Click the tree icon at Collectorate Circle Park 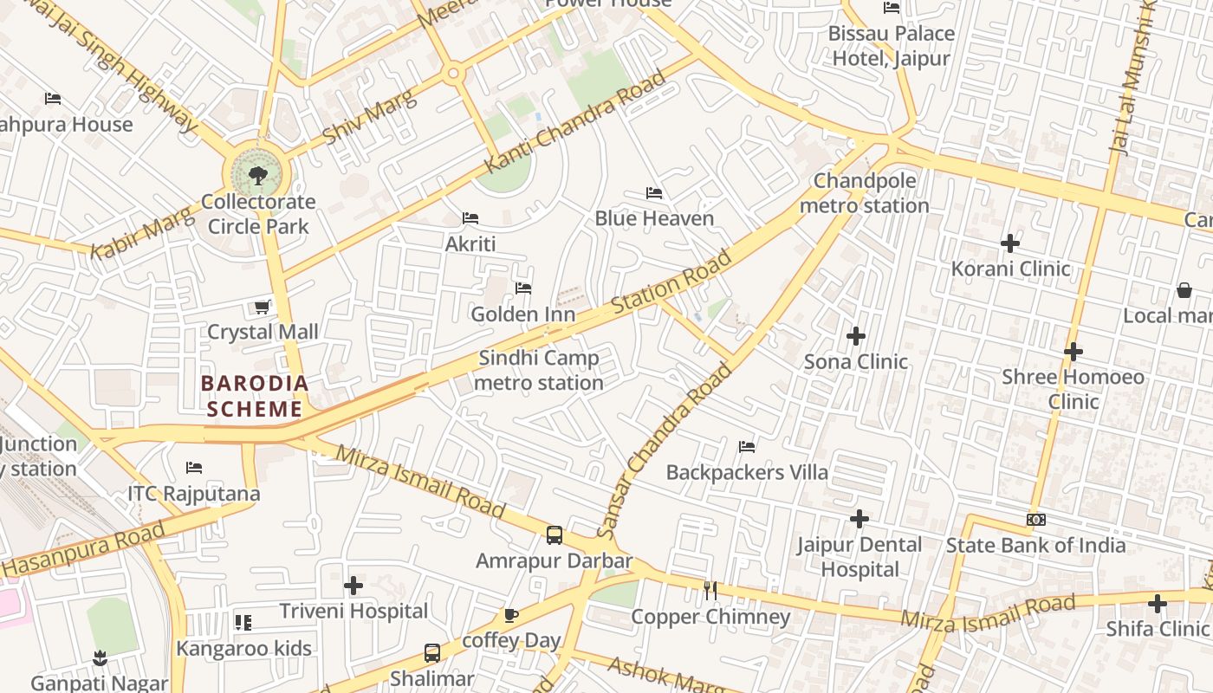click(x=257, y=176)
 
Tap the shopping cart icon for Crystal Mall click(x=263, y=307)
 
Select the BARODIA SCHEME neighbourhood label click(x=255, y=396)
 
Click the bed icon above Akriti click(x=470, y=218)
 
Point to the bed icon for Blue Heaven click(x=654, y=192)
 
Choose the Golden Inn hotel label click(x=522, y=314)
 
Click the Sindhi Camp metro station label click(x=540, y=370)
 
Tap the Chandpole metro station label click(x=864, y=193)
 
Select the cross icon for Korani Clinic click(x=1010, y=243)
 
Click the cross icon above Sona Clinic click(x=856, y=336)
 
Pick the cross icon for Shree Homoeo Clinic click(x=1074, y=352)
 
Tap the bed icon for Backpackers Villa click(x=747, y=447)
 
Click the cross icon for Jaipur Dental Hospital click(x=859, y=519)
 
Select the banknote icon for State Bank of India click(x=1035, y=520)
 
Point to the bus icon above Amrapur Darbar click(x=555, y=535)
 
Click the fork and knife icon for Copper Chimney click(x=710, y=591)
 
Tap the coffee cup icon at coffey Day click(x=511, y=616)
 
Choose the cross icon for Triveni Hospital click(x=354, y=586)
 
